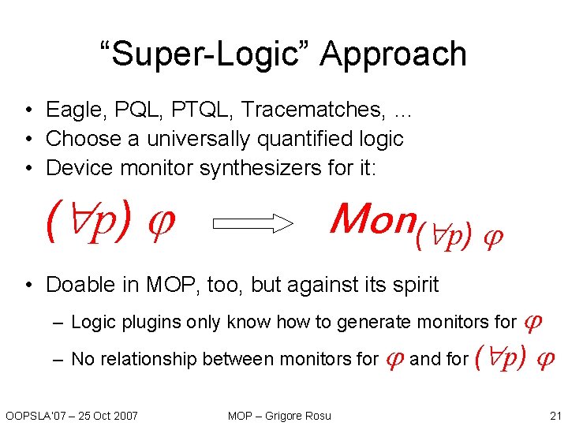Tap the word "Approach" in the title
pos(394,55)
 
